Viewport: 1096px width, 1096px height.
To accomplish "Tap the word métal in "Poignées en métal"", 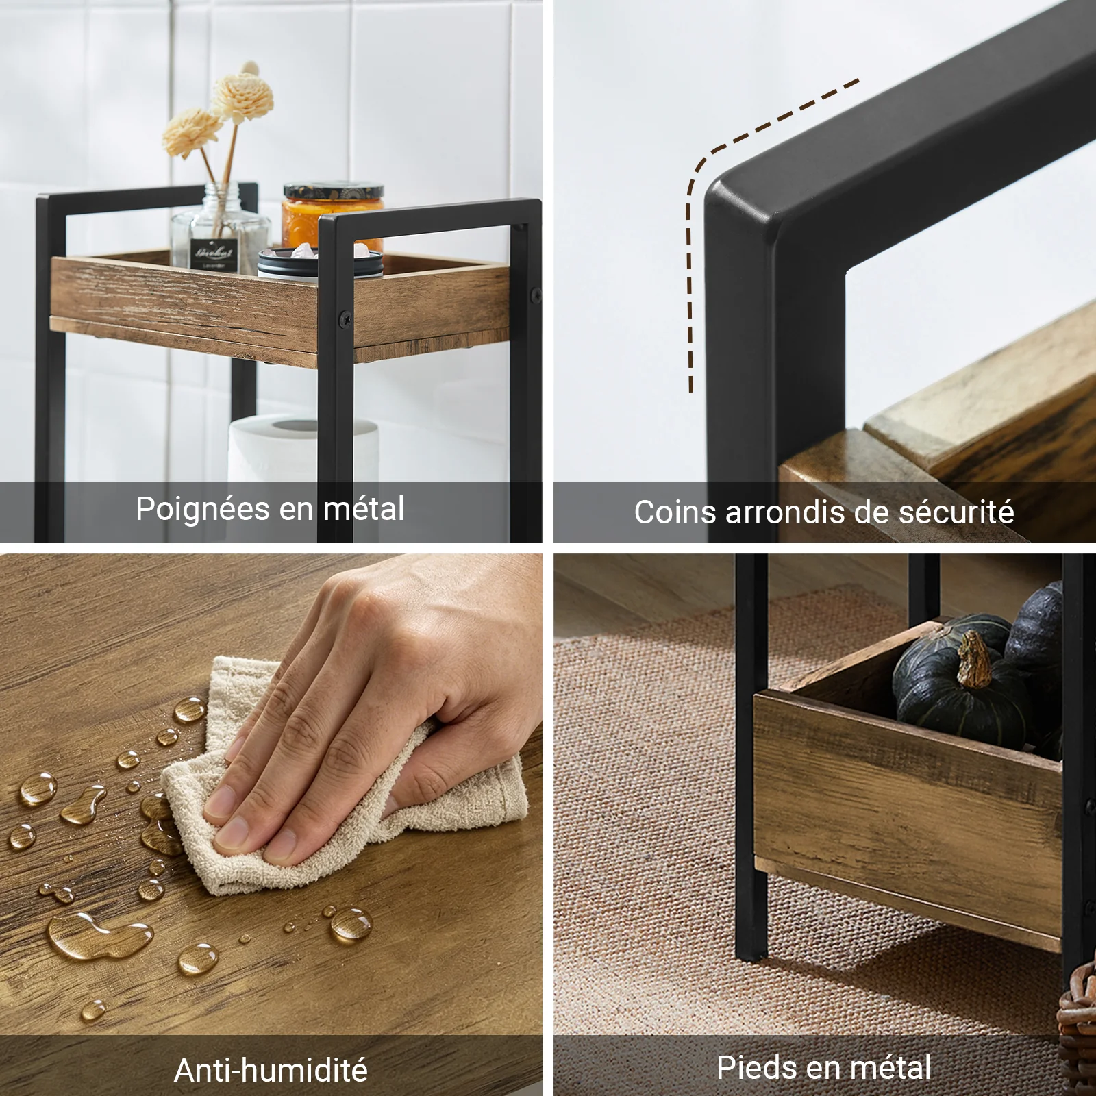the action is click(x=364, y=508).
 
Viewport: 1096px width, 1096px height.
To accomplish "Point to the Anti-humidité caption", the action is click(x=271, y=1070).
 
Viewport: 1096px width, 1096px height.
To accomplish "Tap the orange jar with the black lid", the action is click(x=332, y=216).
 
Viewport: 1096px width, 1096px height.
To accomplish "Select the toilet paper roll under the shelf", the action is click(x=303, y=449).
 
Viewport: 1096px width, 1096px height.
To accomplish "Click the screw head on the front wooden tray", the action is click(x=342, y=318).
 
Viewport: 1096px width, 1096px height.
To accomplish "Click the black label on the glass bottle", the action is click(x=213, y=251).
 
